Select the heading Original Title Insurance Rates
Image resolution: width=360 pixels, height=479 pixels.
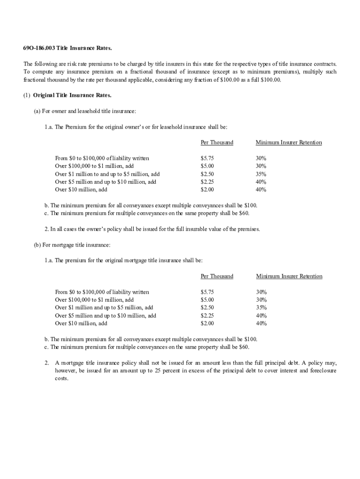click(72, 95)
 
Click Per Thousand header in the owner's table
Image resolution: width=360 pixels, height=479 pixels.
click(216, 143)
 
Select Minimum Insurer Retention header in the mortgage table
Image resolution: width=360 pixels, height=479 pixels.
click(289, 276)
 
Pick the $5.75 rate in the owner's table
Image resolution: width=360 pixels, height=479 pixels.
click(207, 159)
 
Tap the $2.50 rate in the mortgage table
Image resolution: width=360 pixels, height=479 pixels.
click(207, 308)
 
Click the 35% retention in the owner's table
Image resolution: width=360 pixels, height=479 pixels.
click(261, 174)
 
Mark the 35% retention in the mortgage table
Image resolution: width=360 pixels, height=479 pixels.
click(261, 308)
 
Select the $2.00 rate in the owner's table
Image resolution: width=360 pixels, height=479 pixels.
click(207, 190)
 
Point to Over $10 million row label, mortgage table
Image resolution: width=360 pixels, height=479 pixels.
click(81, 323)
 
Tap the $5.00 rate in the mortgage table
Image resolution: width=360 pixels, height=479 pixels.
click(207, 300)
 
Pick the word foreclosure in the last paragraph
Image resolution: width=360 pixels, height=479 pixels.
click(321, 371)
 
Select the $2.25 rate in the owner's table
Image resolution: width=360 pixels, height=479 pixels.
click(207, 182)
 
